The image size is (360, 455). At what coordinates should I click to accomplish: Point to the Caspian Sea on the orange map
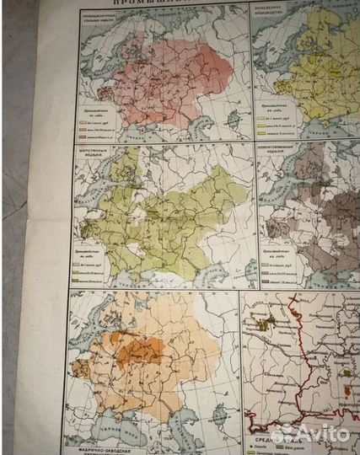pos(214,418)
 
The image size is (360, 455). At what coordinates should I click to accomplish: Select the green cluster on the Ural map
pos(269,324)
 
